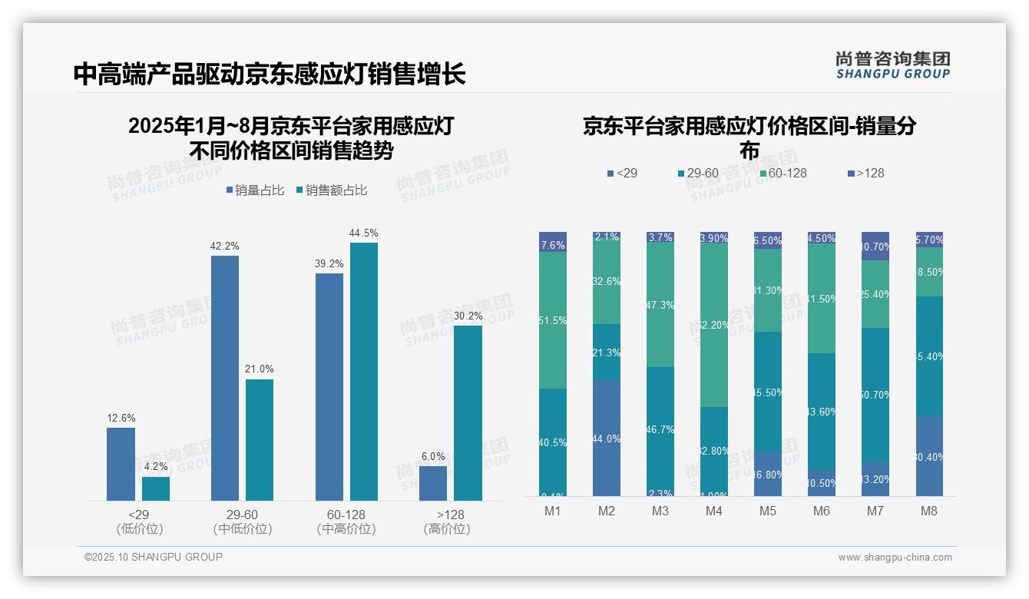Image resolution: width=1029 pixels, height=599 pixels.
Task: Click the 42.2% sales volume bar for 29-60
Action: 225,378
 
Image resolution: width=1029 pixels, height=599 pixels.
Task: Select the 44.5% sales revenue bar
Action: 364,372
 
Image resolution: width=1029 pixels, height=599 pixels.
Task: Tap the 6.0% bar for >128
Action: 433,483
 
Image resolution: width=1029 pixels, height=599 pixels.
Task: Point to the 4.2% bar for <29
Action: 156,488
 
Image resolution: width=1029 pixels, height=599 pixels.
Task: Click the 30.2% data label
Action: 468,316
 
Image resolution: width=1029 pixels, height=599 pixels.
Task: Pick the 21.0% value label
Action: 260,369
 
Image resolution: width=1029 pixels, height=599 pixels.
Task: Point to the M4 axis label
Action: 713,511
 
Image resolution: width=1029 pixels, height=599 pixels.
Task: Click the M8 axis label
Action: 929,511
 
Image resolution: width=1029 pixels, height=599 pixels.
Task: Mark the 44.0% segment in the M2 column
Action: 607,438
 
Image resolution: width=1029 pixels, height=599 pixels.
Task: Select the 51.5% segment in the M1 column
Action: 553,320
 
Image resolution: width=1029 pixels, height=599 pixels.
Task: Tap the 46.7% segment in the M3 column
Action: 660,430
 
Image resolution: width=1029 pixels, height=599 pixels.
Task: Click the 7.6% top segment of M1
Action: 553,242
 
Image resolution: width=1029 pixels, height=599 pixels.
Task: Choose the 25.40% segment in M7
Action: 875,294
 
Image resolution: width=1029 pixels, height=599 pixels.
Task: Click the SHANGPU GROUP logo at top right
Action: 892,65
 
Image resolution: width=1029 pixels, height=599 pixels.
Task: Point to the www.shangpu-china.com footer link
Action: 895,558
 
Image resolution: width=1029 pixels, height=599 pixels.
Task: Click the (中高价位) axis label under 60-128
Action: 346,529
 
